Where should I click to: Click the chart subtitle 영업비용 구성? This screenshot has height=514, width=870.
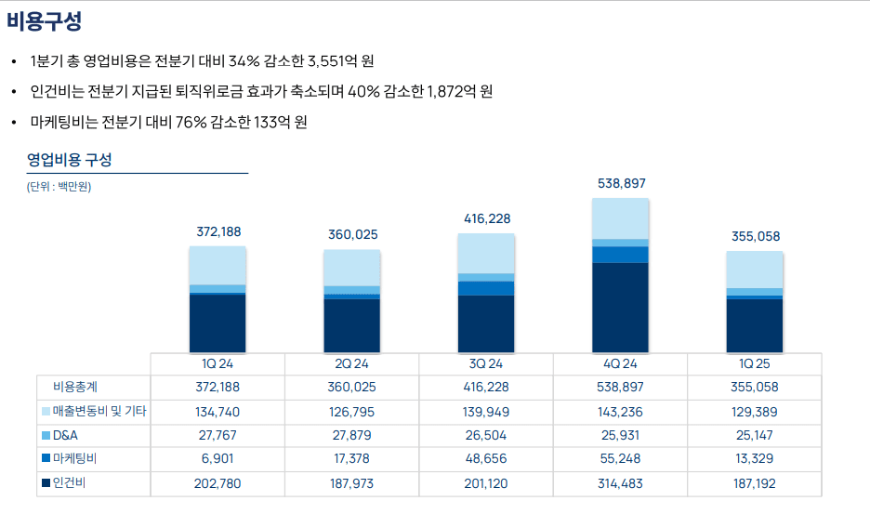point(70,159)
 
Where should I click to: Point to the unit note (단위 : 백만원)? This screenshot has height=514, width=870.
point(59,187)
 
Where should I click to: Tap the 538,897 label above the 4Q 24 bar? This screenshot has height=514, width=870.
point(621,184)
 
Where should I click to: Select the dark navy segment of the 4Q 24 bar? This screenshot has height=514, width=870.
point(621,307)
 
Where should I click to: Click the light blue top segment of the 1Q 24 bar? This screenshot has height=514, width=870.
point(217,265)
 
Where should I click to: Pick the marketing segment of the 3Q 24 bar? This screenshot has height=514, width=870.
point(486,288)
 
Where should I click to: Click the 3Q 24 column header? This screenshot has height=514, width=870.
point(486,363)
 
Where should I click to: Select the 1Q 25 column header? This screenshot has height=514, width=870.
point(754,363)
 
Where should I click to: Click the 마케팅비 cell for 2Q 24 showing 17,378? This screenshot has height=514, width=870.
point(352,459)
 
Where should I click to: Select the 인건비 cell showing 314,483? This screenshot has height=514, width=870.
point(621,483)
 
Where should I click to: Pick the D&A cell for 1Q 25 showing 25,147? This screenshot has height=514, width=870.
point(754,435)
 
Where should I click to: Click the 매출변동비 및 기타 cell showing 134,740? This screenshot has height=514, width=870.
point(217,411)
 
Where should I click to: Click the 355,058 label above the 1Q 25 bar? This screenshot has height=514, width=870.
point(755,236)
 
